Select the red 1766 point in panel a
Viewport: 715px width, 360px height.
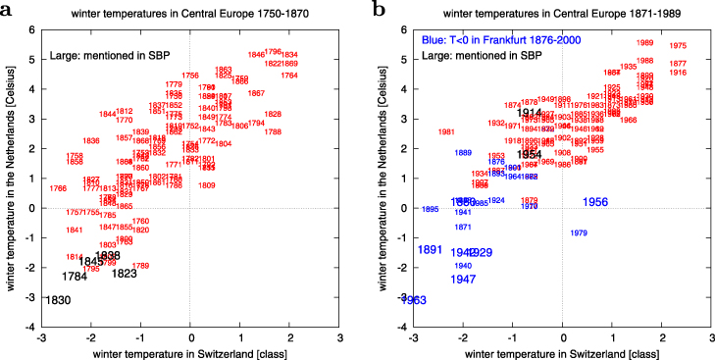58,188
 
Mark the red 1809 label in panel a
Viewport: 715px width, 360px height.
207,184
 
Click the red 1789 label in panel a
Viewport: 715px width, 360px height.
140,266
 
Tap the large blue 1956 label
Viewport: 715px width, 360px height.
595,202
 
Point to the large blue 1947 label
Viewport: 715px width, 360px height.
463,280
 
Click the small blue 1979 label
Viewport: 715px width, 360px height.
579,232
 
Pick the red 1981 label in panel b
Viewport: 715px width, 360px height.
446,131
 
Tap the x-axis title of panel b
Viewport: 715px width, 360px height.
562,350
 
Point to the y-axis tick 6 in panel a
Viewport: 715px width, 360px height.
31,29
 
